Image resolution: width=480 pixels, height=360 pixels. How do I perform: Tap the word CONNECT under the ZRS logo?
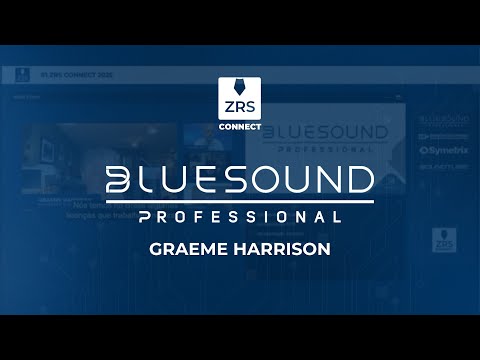240,128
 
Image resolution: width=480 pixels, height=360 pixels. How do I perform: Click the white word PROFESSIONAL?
240,215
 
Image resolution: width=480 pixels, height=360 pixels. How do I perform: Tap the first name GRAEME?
190,246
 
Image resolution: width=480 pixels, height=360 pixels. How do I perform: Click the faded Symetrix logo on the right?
439,152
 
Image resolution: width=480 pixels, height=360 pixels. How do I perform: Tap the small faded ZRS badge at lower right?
439,240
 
